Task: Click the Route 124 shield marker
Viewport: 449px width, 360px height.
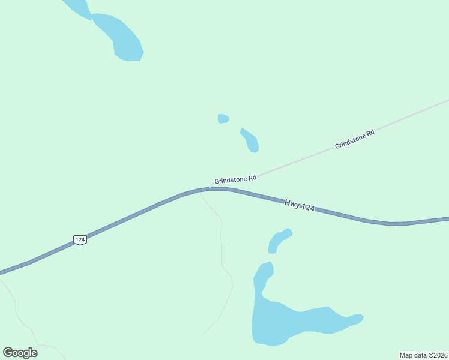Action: point(80,239)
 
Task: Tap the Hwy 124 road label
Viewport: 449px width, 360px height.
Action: point(300,206)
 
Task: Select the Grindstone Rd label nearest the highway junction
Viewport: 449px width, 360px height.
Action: point(235,179)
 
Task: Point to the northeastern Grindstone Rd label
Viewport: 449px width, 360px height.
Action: point(354,139)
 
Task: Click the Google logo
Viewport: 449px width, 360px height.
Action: point(20,353)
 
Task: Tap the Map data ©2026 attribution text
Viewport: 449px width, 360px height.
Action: point(424,355)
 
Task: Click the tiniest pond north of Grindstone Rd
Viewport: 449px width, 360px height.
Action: point(223,118)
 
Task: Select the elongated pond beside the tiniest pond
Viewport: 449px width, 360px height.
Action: point(250,140)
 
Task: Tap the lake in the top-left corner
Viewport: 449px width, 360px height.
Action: point(117,36)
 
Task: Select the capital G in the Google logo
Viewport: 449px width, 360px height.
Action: point(8,353)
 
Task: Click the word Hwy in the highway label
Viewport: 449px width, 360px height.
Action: point(291,204)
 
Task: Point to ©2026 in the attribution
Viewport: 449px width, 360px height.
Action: point(436,355)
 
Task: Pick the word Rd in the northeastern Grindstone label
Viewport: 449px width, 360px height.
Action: point(370,133)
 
